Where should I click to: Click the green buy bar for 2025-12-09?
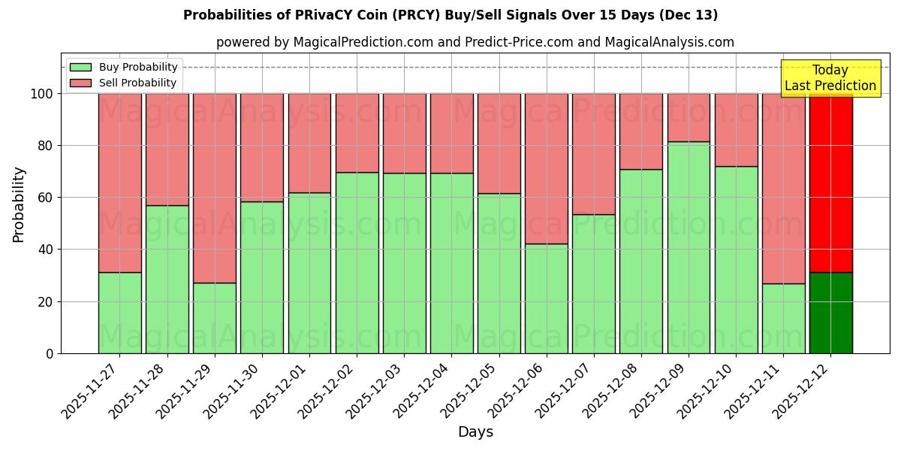coord(689,247)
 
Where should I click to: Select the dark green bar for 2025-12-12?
coord(830,313)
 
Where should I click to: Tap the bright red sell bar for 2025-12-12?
coord(830,183)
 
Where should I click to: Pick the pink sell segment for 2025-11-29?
coord(215,188)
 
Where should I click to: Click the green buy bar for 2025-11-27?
coord(120,313)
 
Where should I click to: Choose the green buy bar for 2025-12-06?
coord(547,298)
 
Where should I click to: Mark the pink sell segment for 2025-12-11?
coord(783,188)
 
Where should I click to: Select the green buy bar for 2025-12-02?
coord(357,263)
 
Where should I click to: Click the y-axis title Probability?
coord(19,204)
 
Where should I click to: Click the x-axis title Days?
coord(475,432)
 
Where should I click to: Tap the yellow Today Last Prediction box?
coord(830,78)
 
